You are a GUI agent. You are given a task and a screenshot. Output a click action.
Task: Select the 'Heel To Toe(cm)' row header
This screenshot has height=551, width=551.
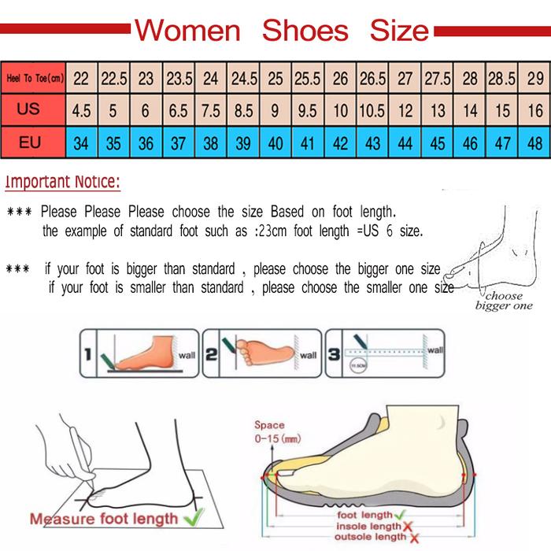(33, 79)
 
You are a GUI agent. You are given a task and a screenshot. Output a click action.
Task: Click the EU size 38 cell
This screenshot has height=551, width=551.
(211, 143)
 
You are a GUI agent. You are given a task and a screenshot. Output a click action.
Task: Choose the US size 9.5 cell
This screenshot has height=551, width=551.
(307, 111)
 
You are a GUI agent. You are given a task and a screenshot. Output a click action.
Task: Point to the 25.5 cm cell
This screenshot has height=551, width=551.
(307, 79)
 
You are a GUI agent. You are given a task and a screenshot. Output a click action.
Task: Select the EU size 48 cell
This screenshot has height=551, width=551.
(534, 143)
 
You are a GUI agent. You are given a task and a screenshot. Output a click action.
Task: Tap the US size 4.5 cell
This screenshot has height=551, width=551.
(81, 111)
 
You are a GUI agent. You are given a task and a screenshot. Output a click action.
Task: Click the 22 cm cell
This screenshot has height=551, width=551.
(81, 79)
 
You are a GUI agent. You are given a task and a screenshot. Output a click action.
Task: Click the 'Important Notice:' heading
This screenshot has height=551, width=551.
(63, 183)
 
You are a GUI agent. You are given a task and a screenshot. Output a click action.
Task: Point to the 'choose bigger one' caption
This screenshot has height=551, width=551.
(504, 301)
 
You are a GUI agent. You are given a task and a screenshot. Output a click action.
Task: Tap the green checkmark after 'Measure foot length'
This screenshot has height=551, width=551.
(192, 518)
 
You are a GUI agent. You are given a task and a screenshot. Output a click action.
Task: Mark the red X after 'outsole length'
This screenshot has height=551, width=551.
(413, 538)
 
